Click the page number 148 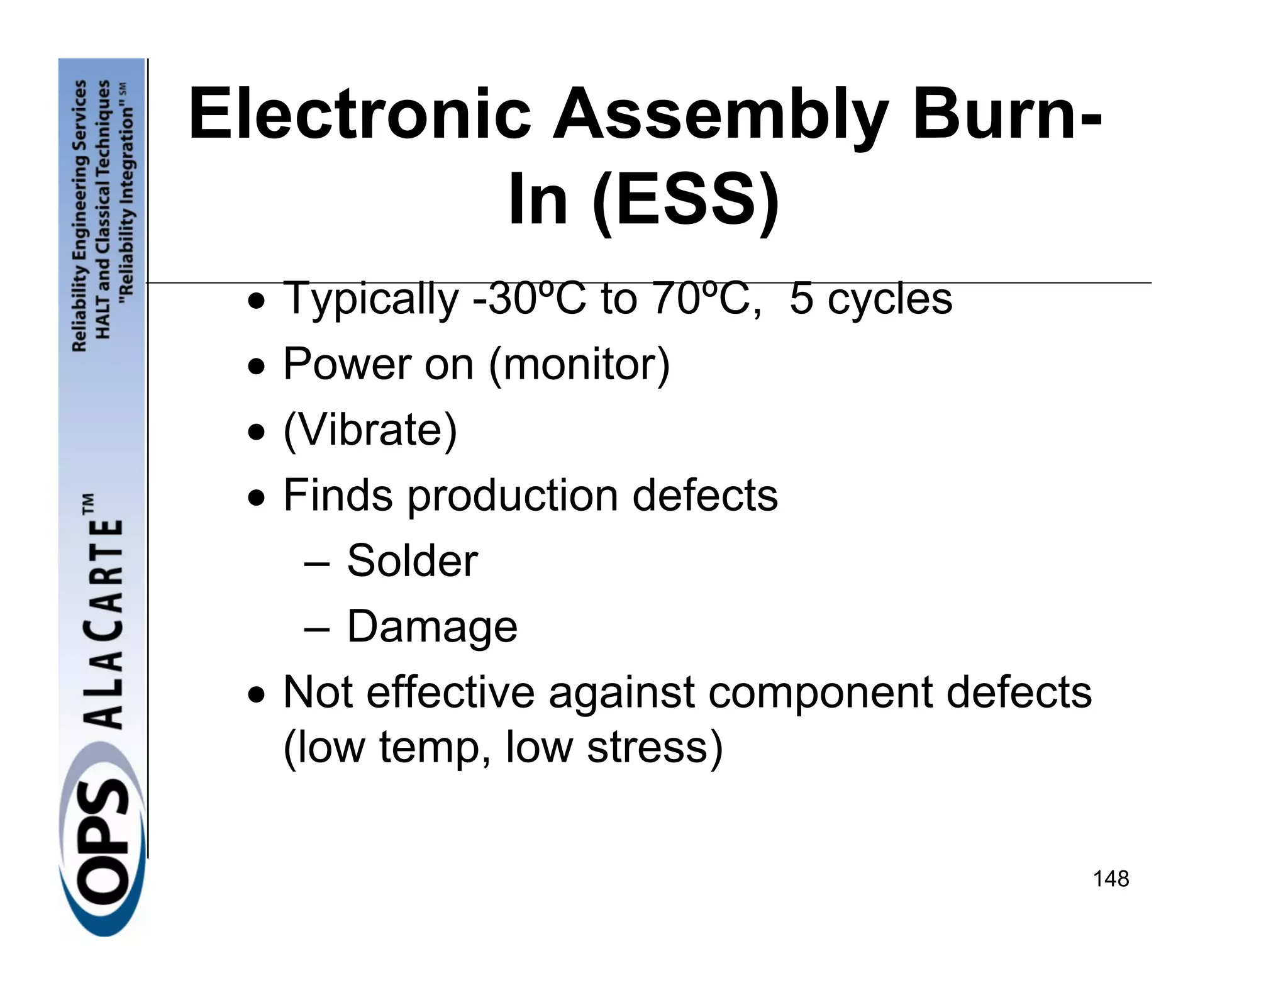pos(1111,879)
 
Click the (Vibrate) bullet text pos(370,430)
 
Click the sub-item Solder pos(412,561)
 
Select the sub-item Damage pos(432,627)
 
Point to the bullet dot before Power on pos(255,365)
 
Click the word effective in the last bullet pos(450,693)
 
